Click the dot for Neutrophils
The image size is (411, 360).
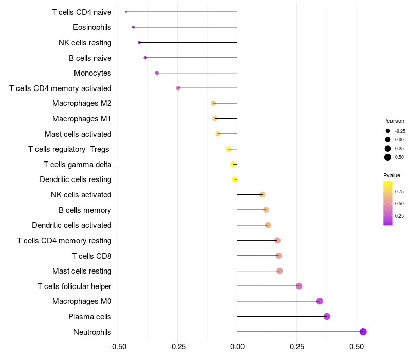coord(363,332)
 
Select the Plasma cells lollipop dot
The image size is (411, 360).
coord(327,316)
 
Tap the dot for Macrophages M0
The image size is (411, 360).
coord(320,301)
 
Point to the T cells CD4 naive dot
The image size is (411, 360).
coord(126,12)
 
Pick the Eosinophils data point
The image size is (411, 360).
coord(133,27)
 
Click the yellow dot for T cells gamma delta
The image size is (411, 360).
coord(233,164)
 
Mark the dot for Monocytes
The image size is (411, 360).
coord(157,73)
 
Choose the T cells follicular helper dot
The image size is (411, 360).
coord(299,286)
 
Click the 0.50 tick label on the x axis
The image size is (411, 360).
coord(356,347)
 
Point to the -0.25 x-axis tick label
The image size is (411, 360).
coord(177,347)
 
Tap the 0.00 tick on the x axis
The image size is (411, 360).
coord(237,347)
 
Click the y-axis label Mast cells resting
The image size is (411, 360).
coord(82,271)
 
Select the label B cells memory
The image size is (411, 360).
coord(85,210)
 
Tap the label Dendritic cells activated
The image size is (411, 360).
coord(71,225)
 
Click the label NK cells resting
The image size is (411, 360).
coord(85,42)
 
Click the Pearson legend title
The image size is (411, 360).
coord(394,121)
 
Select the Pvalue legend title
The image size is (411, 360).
coord(391,175)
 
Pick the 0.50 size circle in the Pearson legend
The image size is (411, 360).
coord(388,157)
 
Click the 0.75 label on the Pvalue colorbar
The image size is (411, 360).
coord(399,191)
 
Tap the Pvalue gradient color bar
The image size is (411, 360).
coord(388,203)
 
